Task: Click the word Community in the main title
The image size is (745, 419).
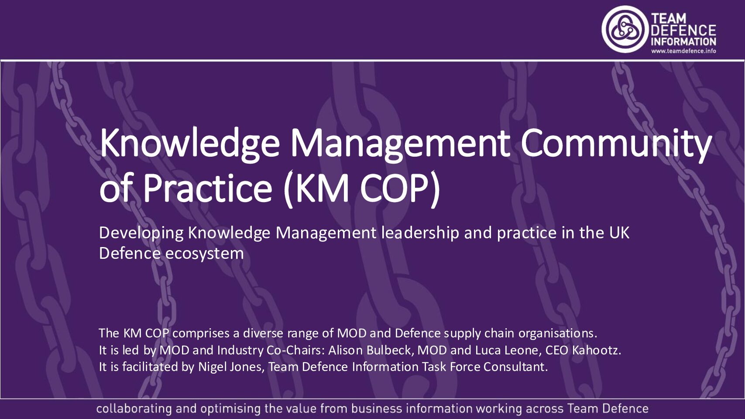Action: click(x=616, y=144)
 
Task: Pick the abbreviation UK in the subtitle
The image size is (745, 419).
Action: click(x=619, y=233)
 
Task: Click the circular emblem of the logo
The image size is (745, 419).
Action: click(x=625, y=30)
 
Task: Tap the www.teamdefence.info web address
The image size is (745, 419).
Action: click(x=683, y=51)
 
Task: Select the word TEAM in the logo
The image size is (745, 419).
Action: click(x=669, y=18)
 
